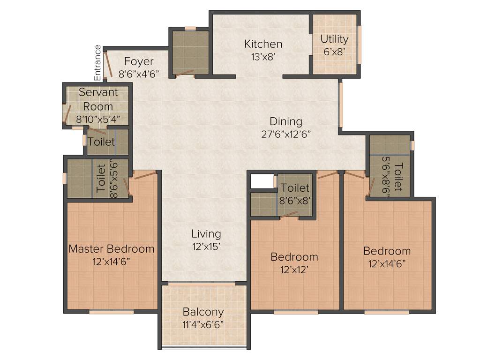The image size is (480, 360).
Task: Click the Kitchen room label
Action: coord(263,44)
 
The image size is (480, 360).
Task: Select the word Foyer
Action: coord(139,61)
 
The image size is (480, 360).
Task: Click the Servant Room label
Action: coord(98,99)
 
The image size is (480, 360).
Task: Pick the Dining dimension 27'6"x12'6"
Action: coord(286,134)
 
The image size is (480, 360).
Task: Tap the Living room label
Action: coord(206,233)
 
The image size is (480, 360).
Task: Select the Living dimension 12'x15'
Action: coord(206,245)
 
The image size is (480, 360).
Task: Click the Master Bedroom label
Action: coord(111,248)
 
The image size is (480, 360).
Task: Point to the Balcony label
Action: coord(203,312)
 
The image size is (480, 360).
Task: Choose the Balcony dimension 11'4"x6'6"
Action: coord(203,324)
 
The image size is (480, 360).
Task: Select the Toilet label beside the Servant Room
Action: coord(101,141)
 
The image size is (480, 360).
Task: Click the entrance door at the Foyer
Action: coord(108,64)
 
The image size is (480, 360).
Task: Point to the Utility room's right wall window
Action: coord(360,44)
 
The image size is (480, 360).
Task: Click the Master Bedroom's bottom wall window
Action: coord(111,312)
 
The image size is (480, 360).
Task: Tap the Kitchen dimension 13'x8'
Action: coord(263,57)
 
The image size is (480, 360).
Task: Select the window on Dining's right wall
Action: coord(341,105)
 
